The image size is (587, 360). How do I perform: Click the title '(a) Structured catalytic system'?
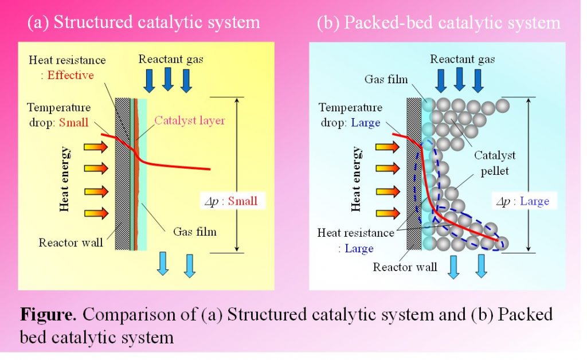point(144,22)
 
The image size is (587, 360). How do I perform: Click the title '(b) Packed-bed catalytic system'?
point(439,22)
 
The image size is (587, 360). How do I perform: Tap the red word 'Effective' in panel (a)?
point(72,75)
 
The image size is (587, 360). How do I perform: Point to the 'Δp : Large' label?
point(522,201)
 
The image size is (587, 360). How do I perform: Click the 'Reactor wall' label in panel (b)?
point(405,267)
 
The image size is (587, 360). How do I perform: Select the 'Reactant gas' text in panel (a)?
point(171,59)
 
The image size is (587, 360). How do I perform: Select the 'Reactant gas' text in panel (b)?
point(463,59)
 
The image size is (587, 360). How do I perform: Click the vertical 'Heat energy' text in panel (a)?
point(65,179)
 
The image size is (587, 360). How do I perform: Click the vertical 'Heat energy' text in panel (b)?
point(357,179)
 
